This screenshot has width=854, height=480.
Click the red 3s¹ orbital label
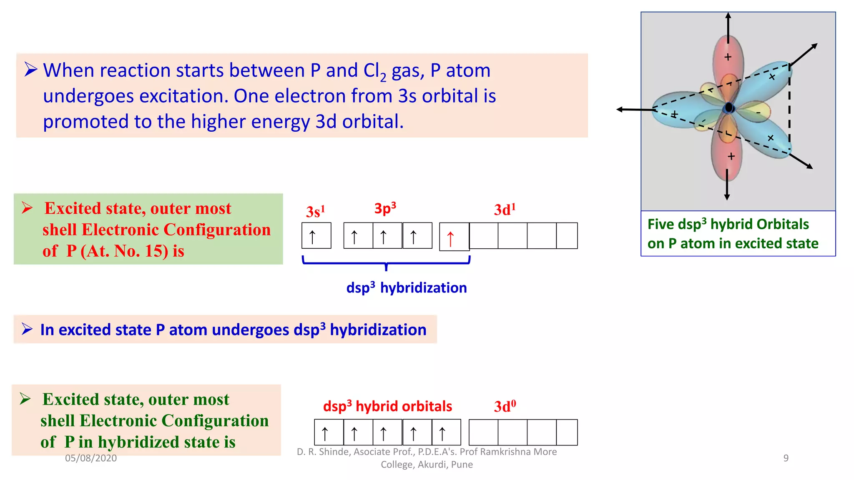[x=315, y=212]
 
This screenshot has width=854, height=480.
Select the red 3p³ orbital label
[x=385, y=208]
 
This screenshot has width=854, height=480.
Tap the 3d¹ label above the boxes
[x=505, y=210]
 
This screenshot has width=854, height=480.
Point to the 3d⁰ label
[x=505, y=406]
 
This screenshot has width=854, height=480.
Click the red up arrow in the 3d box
[x=450, y=239]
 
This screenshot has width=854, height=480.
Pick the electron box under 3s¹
[x=316, y=236]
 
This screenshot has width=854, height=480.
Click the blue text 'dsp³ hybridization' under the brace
[x=407, y=288]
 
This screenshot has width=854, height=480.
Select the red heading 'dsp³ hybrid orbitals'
[x=387, y=406]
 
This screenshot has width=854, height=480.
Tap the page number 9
[x=786, y=458]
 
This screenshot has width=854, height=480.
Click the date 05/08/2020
[x=91, y=458]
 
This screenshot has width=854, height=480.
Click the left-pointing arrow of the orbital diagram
[x=632, y=110]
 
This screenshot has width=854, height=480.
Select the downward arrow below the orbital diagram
[x=727, y=185]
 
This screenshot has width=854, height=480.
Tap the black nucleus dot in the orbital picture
[x=729, y=108]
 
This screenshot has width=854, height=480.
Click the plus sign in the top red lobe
[x=728, y=57]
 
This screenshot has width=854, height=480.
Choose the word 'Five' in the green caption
[x=661, y=225]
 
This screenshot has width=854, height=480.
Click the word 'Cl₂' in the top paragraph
[x=374, y=71]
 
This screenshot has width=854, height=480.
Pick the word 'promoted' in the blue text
[x=85, y=122]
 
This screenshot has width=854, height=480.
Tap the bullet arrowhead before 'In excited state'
[x=27, y=329]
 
